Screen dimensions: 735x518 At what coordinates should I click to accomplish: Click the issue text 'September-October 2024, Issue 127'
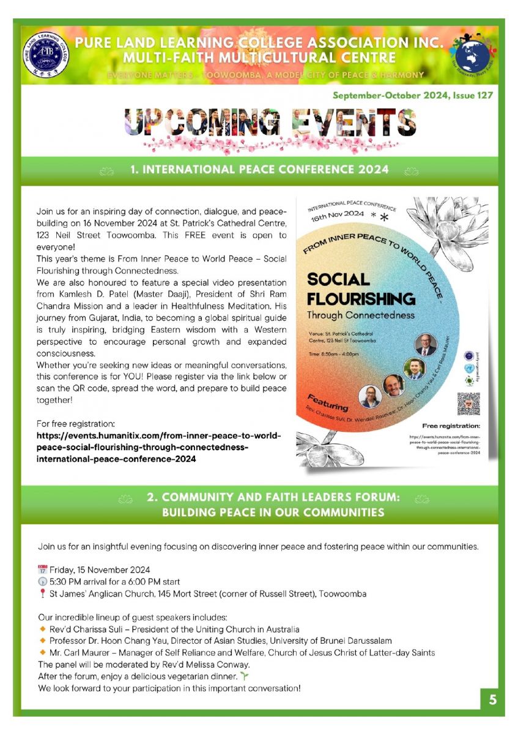[x=412, y=96]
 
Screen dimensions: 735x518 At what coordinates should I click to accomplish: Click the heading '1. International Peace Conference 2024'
[x=259, y=169]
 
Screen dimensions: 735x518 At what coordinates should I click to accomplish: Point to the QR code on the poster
[x=468, y=404]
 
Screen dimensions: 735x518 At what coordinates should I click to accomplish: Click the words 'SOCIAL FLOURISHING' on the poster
[x=361, y=289]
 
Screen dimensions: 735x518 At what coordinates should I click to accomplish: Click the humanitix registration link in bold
[x=158, y=447]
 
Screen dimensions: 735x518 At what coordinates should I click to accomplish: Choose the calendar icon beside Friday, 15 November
[x=42, y=570]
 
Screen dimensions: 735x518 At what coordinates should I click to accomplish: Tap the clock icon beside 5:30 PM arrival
[x=42, y=581]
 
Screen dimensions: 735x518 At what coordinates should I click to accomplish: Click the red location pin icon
[x=42, y=594]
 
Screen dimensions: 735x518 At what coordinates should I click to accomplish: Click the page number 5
[x=492, y=700]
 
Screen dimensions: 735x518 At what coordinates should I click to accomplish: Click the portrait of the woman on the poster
[x=369, y=395]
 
